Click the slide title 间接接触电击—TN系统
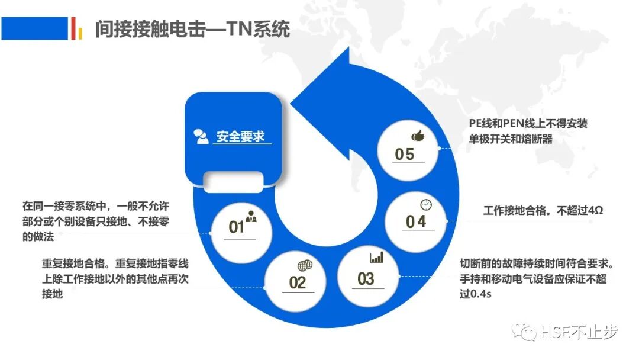193,28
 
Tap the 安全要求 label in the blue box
240,137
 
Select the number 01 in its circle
237,227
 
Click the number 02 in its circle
298,282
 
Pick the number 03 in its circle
366,278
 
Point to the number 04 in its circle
416,221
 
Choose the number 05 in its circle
405,154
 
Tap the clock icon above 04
426,204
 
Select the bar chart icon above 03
377,258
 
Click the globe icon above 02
303,265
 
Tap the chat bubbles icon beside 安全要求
201,136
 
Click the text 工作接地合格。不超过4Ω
543,211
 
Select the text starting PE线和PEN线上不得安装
528,131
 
